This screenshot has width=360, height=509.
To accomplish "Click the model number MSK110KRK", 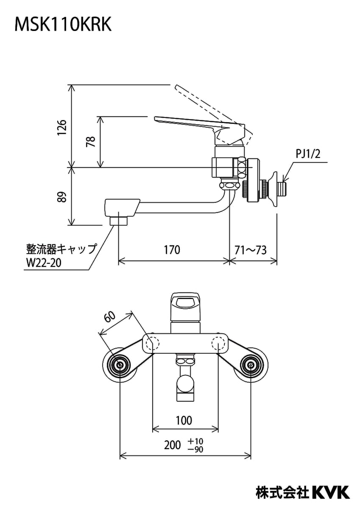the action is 63,25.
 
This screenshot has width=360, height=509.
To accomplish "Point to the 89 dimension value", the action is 62,197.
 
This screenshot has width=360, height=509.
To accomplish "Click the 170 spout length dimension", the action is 172,250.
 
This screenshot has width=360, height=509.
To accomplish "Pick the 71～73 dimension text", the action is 251,250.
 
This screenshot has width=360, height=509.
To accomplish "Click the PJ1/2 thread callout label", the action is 308,154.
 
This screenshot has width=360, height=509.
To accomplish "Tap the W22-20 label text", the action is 44,263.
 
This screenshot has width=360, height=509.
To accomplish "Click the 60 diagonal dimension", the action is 110,316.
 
